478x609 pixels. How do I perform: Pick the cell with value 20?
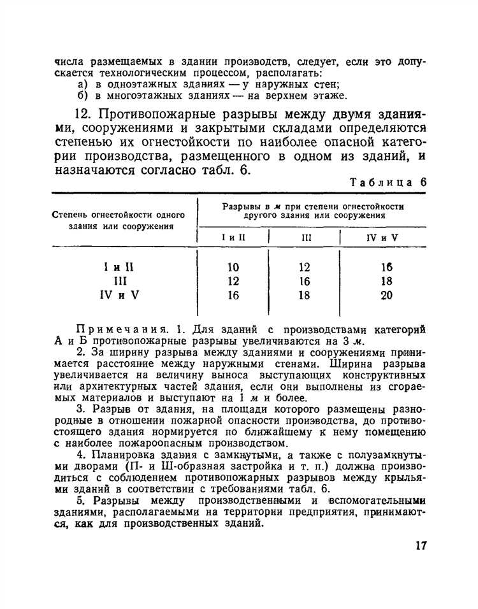tap(386, 295)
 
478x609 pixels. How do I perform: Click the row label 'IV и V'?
tap(120, 295)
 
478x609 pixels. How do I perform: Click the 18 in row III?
tap(386, 281)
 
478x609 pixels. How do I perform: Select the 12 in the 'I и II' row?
tap(303, 268)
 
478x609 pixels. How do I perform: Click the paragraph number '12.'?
tap(85, 115)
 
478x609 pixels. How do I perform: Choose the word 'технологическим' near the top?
tap(136, 73)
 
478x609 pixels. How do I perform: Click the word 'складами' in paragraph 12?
tap(301, 129)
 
